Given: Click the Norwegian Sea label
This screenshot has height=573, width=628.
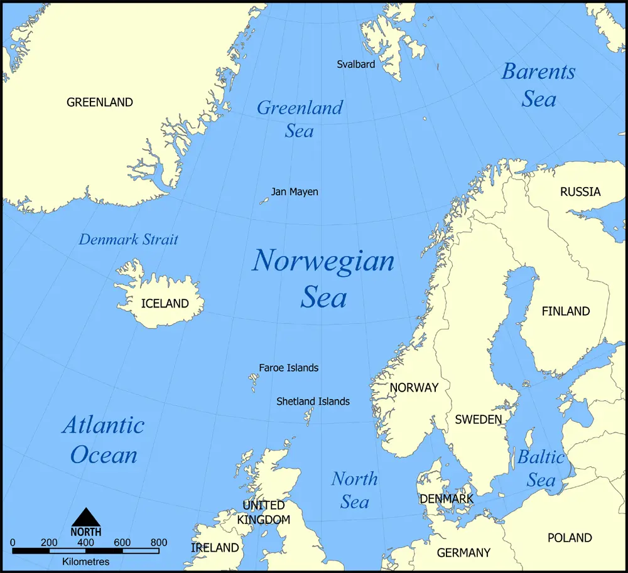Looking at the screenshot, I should [x=323, y=278].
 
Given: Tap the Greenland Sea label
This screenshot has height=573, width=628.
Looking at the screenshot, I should [x=300, y=119].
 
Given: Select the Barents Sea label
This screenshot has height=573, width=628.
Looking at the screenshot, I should [x=538, y=85].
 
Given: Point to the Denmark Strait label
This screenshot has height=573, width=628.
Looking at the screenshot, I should [x=129, y=239].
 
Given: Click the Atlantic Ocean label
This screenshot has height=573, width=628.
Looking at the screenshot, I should [x=104, y=439].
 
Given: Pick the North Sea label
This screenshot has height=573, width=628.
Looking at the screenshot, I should [x=355, y=490].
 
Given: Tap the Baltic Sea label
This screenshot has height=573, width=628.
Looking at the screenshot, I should [x=541, y=468].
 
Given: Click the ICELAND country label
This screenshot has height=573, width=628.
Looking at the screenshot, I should [x=165, y=304].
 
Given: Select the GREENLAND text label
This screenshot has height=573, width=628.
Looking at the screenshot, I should [x=100, y=102].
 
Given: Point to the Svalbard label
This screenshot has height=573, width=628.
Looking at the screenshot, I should [x=355, y=64].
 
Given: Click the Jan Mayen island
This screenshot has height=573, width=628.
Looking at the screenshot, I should [x=264, y=201].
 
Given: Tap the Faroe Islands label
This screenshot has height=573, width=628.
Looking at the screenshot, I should [x=288, y=368].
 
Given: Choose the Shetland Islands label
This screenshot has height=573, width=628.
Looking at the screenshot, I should [x=313, y=401].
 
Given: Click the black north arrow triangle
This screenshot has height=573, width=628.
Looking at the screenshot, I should [x=86, y=518].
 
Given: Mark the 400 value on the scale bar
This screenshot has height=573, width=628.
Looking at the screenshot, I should [x=86, y=543].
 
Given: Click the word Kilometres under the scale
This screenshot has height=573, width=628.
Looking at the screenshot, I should [x=86, y=562].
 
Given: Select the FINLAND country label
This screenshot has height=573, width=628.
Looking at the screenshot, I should [x=566, y=311].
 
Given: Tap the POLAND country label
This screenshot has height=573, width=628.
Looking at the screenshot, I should [x=570, y=538].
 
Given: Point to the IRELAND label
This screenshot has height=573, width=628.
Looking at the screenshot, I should [x=215, y=548].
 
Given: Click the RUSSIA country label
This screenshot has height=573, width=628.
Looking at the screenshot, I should [x=580, y=191].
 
